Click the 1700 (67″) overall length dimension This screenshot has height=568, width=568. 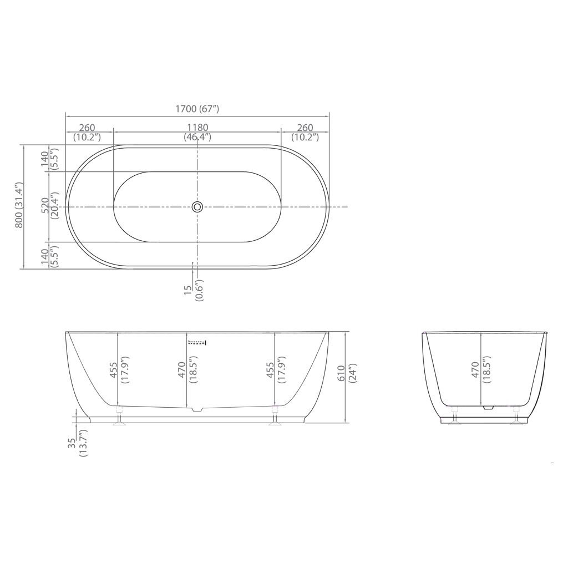[x=197, y=109]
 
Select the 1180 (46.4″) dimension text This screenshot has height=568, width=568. [x=197, y=132]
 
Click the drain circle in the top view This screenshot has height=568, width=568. [x=197, y=207]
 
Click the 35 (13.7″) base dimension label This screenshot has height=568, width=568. [x=78, y=443]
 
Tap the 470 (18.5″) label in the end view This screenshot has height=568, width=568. [x=481, y=369]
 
